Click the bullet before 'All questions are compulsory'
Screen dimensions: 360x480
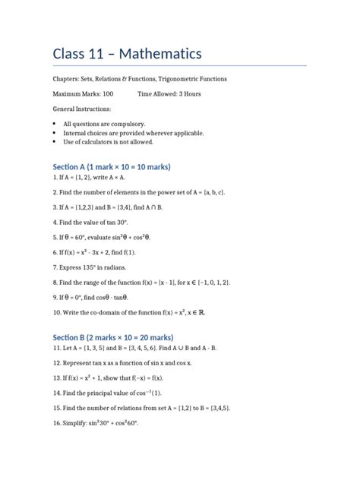pyautogui.click(x=55, y=123)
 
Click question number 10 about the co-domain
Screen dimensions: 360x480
pyautogui.click(x=58, y=312)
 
